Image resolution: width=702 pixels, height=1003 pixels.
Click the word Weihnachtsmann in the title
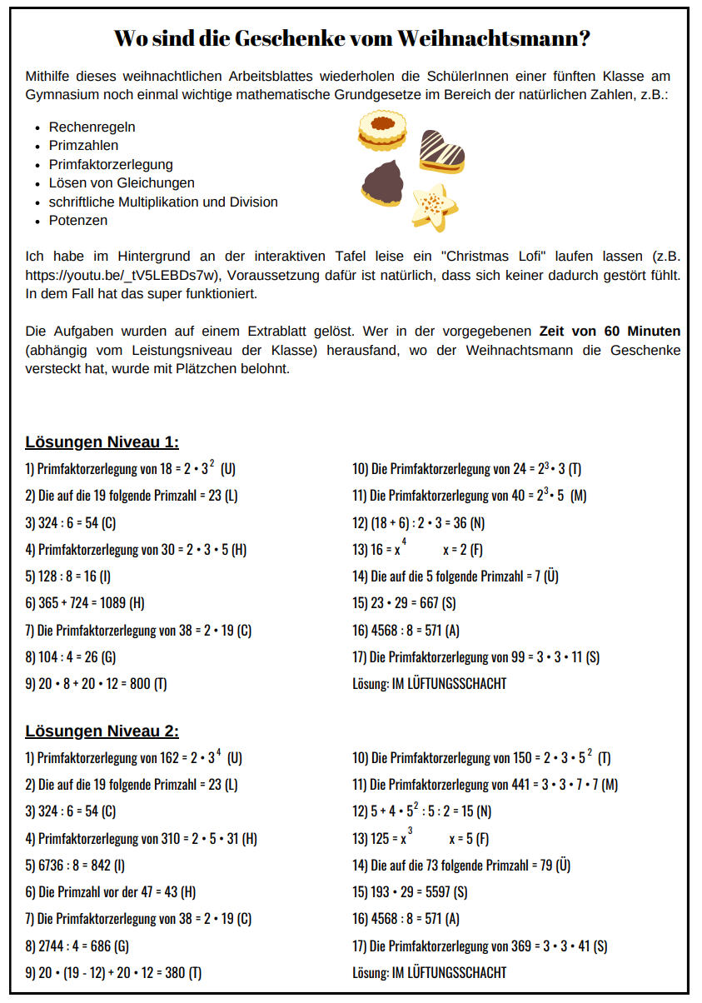click(x=493, y=38)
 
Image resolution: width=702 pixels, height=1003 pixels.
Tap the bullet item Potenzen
click(x=78, y=221)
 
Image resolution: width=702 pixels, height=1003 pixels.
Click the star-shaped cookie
click(x=434, y=207)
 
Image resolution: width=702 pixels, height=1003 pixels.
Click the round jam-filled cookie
click(x=382, y=129)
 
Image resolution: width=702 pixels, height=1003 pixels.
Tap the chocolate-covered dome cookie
click(x=384, y=182)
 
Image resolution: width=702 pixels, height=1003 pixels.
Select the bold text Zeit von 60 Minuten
click(x=610, y=331)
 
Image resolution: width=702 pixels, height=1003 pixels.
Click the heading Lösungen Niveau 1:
click(x=102, y=442)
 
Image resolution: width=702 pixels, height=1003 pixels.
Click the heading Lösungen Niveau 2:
click(x=102, y=731)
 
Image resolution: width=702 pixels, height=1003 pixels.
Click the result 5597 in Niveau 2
click(x=432, y=892)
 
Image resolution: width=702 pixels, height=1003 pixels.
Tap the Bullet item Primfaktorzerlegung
click(x=111, y=165)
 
